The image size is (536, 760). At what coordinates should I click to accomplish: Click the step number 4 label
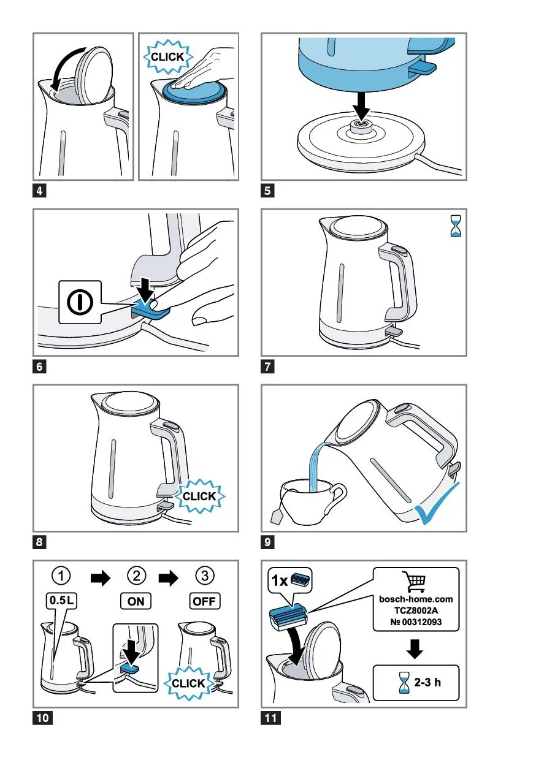[39, 191]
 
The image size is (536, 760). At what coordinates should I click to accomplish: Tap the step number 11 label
[270, 718]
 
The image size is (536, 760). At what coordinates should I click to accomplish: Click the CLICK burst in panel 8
[199, 496]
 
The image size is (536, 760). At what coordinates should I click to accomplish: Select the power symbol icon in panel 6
[80, 302]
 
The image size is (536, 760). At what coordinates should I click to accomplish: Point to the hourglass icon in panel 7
[456, 226]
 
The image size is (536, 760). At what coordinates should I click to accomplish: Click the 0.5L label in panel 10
[61, 600]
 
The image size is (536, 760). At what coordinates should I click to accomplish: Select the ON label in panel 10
[136, 601]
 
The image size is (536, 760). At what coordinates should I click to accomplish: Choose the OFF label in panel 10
[204, 601]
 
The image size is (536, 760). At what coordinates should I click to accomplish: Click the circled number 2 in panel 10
[137, 576]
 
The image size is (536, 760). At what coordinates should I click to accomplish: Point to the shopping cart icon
[414, 582]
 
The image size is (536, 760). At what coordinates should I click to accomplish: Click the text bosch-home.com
[416, 599]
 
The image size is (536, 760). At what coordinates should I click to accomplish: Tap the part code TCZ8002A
[416, 610]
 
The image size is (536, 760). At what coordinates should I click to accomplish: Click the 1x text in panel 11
[280, 581]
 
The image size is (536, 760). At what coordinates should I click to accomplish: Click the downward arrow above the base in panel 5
[362, 106]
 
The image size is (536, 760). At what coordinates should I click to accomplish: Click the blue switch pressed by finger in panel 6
[151, 310]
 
